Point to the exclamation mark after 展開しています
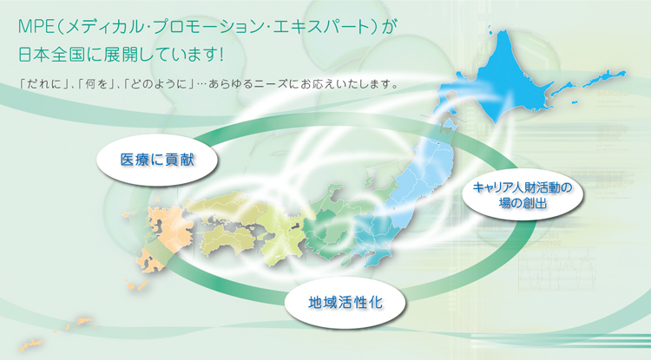[x=220, y=55]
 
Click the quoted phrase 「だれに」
[x=45, y=84]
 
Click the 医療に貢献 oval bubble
[x=157, y=160]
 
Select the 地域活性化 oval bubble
[x=345, y=303]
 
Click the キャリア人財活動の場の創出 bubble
[x=523, y=194]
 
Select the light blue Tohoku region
[x=419, y=174]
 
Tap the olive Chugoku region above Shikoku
[x=224, y=206]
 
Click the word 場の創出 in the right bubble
[x=523, y=203]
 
